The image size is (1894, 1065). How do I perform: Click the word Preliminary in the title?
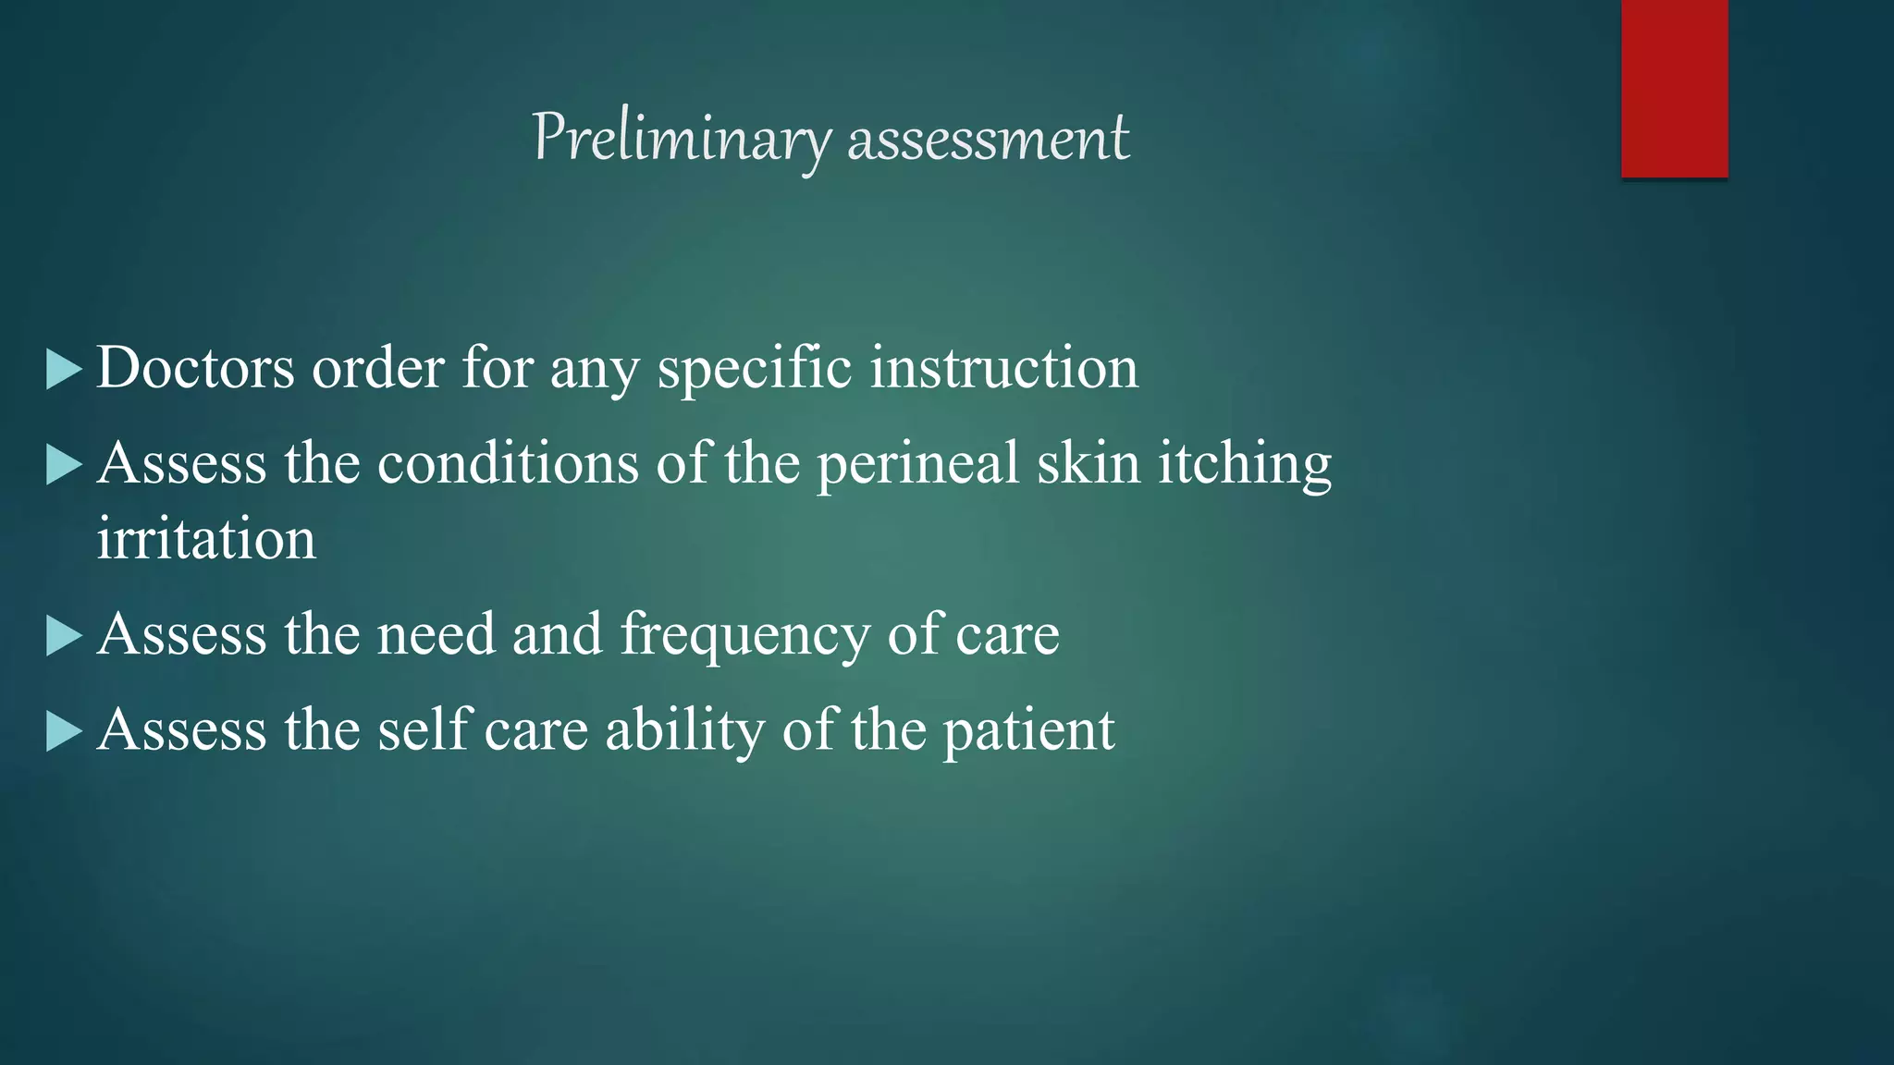pos(681,139)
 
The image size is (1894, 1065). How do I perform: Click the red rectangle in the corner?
pos(1674,89)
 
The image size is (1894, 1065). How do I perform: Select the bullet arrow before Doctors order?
pos(64,370)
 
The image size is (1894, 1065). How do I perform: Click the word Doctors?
pos(195,368)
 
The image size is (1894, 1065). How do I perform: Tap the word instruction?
pos(1003,368)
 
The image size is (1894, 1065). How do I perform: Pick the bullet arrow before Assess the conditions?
pos(64,465)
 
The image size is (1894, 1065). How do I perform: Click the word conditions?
pos(508,463)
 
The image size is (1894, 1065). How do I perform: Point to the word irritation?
pos(206,539)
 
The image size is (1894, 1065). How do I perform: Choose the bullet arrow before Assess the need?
pos(64,637)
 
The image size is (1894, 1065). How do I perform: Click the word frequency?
pos(744,635)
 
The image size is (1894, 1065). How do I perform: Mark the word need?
pos(436,635)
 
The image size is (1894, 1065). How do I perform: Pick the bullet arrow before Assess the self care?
pos(64,732)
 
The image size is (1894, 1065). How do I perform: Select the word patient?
pos(1028,730)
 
